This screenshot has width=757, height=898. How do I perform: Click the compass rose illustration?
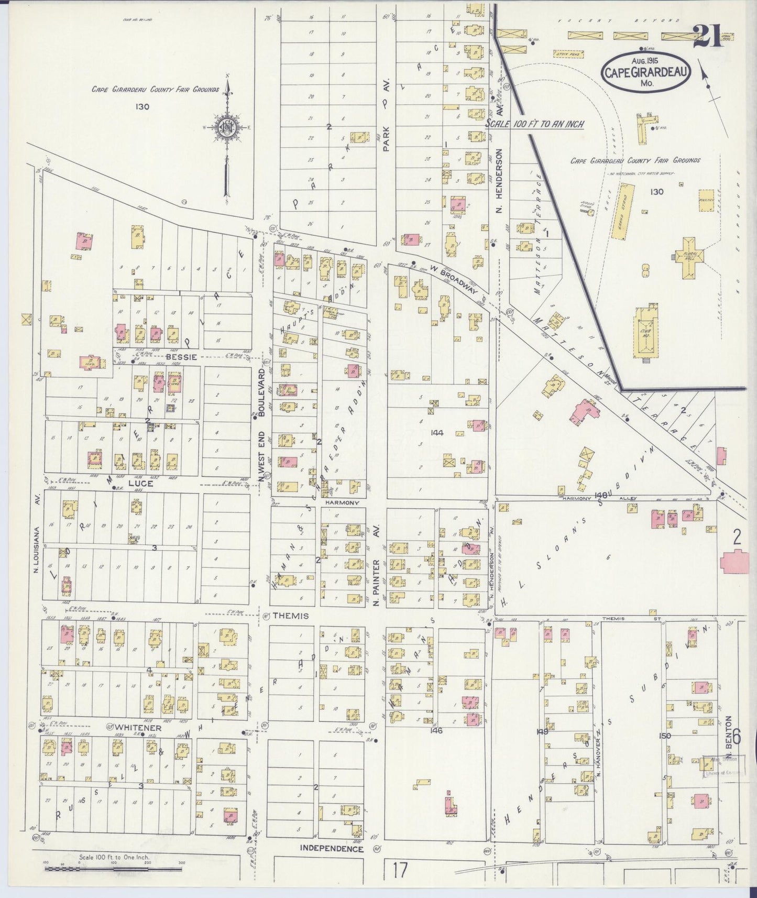pyautogui.click(x=227, y=127)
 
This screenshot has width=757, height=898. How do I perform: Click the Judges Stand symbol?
pyautogui.click(x=590, y=211)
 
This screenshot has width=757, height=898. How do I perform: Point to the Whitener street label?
pyautogui.click(x=138, y=728)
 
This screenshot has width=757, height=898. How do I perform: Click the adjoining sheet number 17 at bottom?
pyautogui.click(x=400, y=871)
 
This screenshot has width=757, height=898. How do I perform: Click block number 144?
pyautogui.click(x=437, y=433)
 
